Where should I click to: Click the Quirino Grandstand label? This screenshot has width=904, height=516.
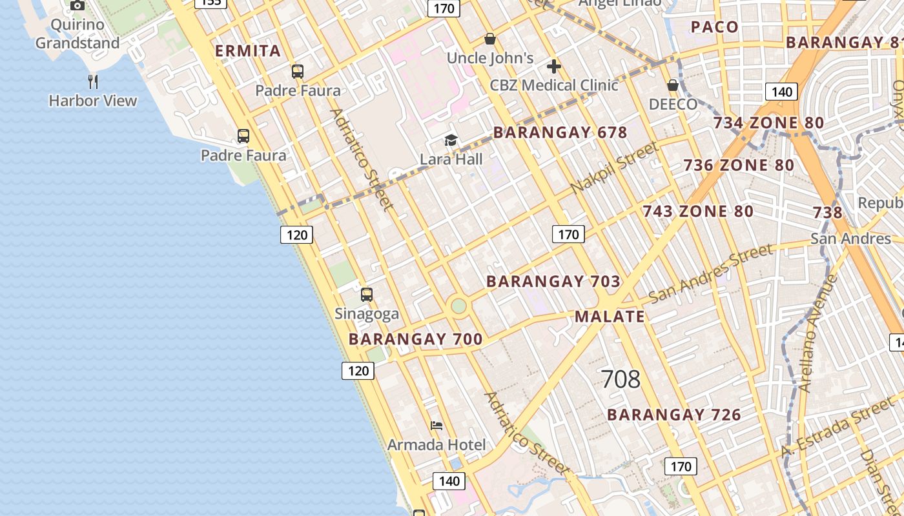pos(77,34)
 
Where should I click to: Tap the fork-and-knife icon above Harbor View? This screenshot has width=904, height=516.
pos(93,81)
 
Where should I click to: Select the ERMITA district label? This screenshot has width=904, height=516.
pos(248,51)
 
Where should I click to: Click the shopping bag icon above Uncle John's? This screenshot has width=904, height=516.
pos(490,39)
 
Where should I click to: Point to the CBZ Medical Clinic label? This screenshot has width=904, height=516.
pos(554,85)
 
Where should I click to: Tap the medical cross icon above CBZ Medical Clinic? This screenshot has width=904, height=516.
pos(553,66)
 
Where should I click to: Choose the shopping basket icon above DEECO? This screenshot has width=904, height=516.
pos(673,85)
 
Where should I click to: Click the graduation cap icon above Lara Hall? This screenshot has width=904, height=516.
pos(451,140)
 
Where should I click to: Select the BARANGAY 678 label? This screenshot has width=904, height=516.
pos(560,133)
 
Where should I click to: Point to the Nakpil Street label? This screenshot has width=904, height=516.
pos(615,167)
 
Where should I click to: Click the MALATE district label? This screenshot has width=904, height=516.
pos(610,317)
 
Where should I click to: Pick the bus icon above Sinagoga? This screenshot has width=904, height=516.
pos(367,295)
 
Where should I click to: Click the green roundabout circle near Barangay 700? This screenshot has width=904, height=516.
pos(458,306)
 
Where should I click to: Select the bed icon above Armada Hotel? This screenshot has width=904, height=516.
pos(437,426)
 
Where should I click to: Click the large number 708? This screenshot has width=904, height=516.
pos(621,379)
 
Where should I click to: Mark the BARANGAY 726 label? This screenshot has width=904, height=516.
pos(674,415)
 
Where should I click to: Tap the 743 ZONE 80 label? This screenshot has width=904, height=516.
pos(697,212)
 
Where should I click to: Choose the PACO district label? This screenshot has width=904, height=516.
pos(714,27)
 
